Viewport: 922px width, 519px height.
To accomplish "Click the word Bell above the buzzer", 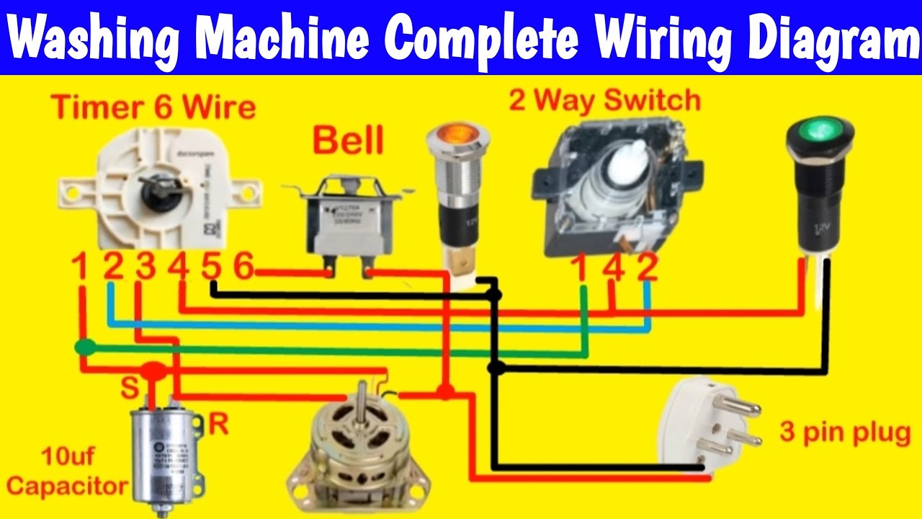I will click(x=347, y=141).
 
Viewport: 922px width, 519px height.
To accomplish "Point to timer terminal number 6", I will click(x=243, y=267).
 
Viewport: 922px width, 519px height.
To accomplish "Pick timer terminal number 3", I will click(x=146, y=267).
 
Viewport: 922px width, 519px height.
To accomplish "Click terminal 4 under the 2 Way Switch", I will click(x=614, y=267).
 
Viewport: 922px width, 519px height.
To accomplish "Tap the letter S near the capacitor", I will click(x=130, y=389).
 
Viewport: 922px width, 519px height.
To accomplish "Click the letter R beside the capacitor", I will click(x=218, y=425).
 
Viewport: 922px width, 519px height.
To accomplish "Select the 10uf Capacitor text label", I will click(x=66, y=471).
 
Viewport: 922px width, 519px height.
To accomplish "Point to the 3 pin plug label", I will click(x=844, y=433).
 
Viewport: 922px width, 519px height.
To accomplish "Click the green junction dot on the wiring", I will click(x=86, y=347).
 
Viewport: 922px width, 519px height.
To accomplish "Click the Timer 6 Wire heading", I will click(x=153, y=108).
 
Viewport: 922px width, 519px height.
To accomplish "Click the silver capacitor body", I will click(x=165, y=451).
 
